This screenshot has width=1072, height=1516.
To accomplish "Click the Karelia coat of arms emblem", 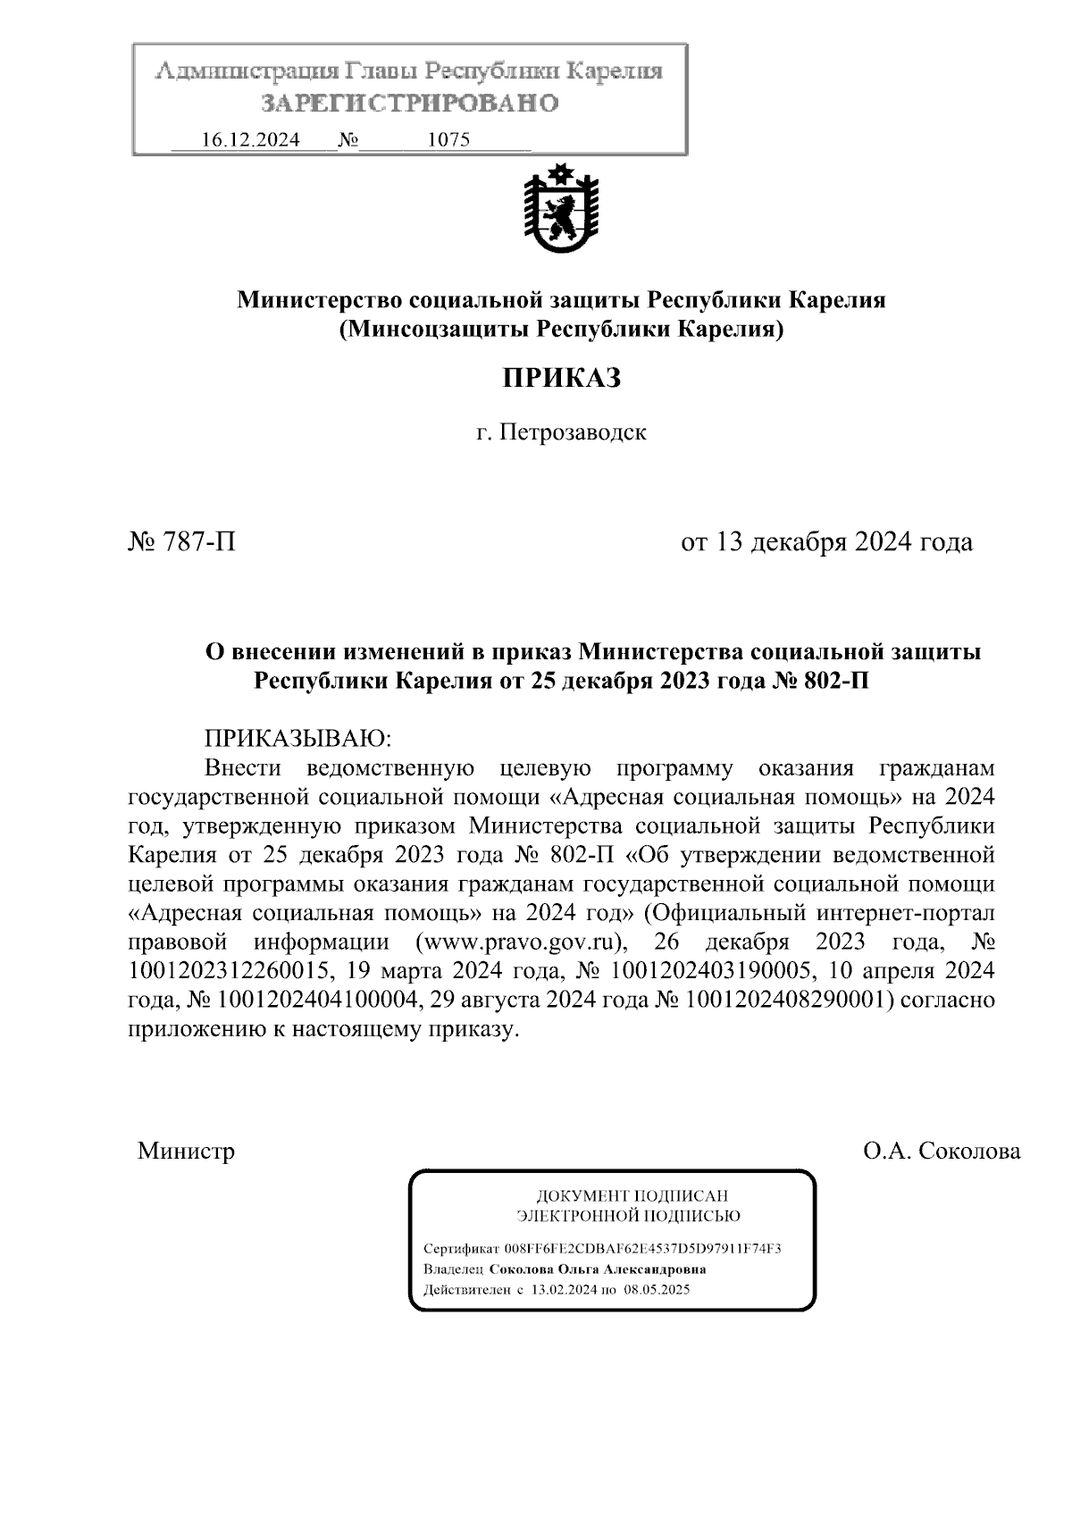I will [x=560, y=207].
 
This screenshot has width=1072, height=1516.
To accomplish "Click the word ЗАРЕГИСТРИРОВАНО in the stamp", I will [x=410, y=104].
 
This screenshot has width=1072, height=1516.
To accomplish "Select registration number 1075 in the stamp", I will [x=449, y=140].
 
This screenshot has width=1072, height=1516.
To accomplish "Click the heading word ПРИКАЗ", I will [x=560, y=379].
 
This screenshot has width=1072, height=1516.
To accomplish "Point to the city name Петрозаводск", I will [x=572, y=433].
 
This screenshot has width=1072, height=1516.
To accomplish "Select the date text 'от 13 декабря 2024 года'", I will [x=826, y=542].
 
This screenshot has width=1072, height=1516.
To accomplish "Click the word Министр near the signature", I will [x=186, y=1151].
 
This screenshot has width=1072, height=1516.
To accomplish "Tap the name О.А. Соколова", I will [x=941, y=1151].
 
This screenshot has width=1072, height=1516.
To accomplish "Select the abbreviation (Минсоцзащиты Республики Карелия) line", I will [x=560, y=330].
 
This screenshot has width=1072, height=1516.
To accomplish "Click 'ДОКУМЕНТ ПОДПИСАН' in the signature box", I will [x=632, y=1195].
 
